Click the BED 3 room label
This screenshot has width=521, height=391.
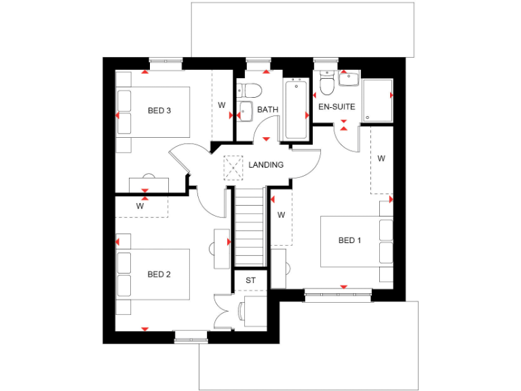point(159,111)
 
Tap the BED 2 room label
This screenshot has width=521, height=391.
point(159,274)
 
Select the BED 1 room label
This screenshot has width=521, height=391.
point(350,240)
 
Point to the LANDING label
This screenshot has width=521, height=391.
point(266,165)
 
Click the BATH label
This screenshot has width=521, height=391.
point(267,109)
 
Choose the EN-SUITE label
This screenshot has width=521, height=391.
point(336,107)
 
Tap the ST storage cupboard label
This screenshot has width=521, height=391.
point(250,280)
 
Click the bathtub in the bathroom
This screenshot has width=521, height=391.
point(296,109)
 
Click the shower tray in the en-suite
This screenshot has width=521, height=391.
point(378,101)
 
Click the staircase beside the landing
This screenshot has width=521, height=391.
point(250,227)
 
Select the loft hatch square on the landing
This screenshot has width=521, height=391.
point(233,166)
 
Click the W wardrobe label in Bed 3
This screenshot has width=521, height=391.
point(221,105)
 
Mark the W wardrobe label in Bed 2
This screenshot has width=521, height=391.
point(140,205)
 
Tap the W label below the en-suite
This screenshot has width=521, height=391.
point(381,159)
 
